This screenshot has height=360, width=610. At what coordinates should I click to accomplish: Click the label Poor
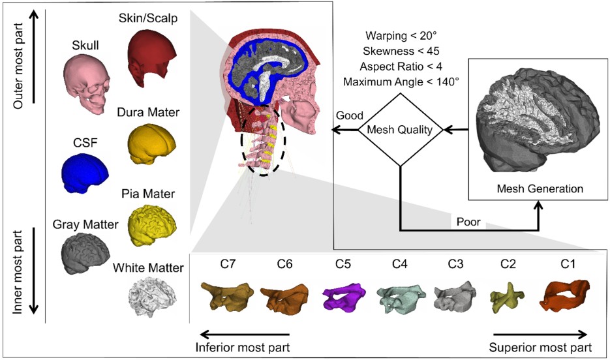coord(468,221)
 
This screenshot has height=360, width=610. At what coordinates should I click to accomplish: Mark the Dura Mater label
coord(149,113)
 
